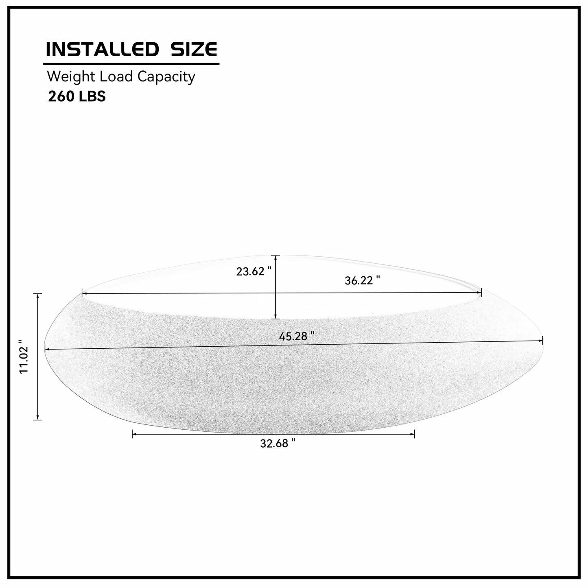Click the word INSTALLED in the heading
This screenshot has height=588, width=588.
102,49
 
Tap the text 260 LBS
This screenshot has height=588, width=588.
77,96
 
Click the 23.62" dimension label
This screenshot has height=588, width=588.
254,271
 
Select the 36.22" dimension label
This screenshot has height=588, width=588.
362,280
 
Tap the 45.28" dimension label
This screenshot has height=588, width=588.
297,336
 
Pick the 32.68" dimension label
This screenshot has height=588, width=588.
278,444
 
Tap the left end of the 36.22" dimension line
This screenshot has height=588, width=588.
83,293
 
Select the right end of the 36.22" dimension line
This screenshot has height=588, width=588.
481,292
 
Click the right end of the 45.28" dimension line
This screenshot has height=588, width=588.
542,341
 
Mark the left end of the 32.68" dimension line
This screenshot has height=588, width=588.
133,434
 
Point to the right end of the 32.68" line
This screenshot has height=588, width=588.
414,434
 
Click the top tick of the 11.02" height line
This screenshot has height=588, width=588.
38,294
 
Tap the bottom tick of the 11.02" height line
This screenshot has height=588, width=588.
38,419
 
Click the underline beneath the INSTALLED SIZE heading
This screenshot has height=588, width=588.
131,64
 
